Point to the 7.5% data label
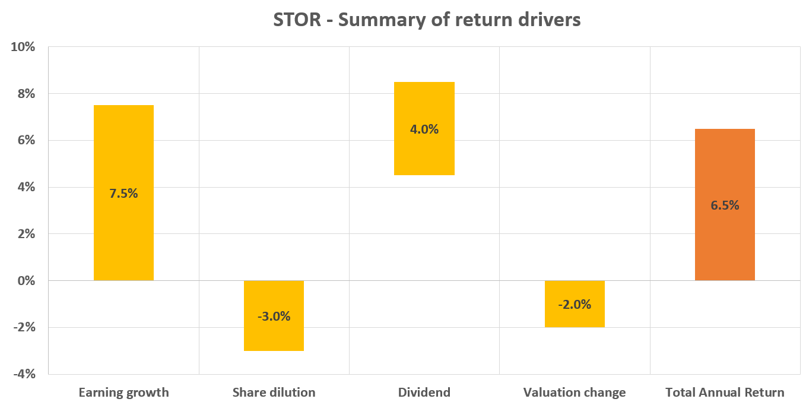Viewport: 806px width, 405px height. (123, 194)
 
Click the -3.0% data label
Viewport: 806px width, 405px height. (274, 317)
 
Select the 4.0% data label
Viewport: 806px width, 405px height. (424, 129)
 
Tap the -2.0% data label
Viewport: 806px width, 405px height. (574, 305)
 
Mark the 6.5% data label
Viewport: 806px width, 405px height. (725, 205)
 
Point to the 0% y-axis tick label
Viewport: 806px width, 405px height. (27, 281)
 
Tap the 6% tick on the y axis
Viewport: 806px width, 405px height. (27, 140)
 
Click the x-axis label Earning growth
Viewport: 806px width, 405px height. (123, 393)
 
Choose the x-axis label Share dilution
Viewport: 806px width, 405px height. (274, 393)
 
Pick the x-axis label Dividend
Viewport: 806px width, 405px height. (424, 393)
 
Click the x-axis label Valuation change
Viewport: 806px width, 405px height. (574, 393)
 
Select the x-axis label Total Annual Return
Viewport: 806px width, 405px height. (725, 393)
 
